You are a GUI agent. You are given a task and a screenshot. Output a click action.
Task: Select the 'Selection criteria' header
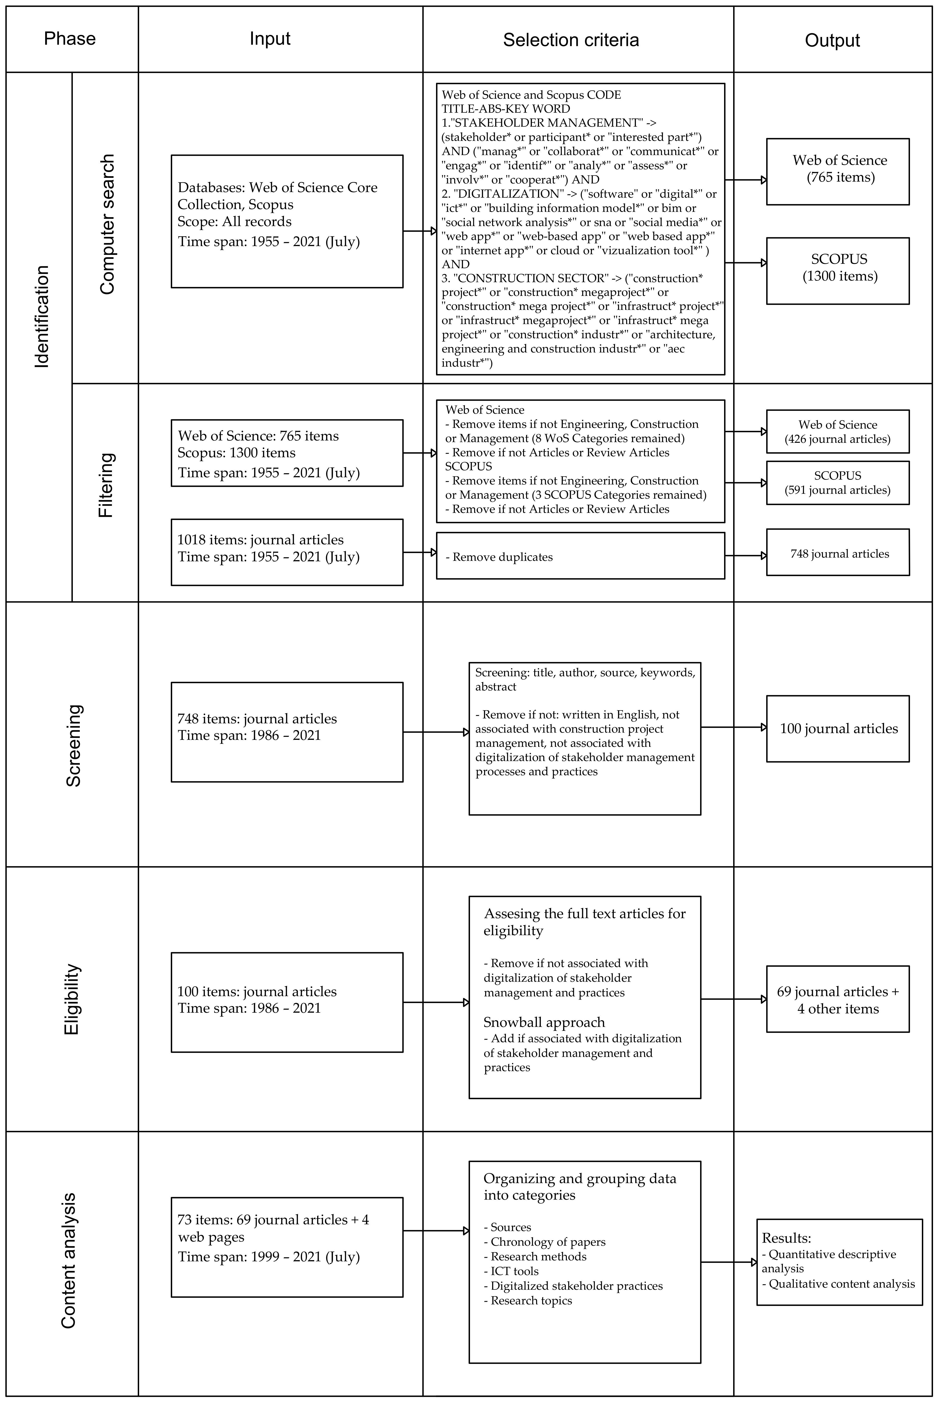571,40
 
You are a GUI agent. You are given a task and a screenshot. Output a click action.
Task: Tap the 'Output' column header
832,40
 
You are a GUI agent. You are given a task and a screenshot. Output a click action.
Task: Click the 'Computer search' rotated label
107,224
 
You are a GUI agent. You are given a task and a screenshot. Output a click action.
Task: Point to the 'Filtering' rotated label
105,485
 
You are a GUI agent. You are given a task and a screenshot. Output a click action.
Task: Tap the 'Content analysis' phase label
69,1261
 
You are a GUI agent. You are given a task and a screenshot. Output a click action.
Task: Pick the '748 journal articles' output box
837,552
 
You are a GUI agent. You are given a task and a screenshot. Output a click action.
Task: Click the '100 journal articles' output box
837,729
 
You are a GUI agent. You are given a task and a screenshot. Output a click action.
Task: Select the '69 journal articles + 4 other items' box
837,999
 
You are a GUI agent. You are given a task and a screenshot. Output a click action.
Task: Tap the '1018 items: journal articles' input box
287,552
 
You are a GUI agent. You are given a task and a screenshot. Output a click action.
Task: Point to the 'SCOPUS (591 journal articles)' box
837,483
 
